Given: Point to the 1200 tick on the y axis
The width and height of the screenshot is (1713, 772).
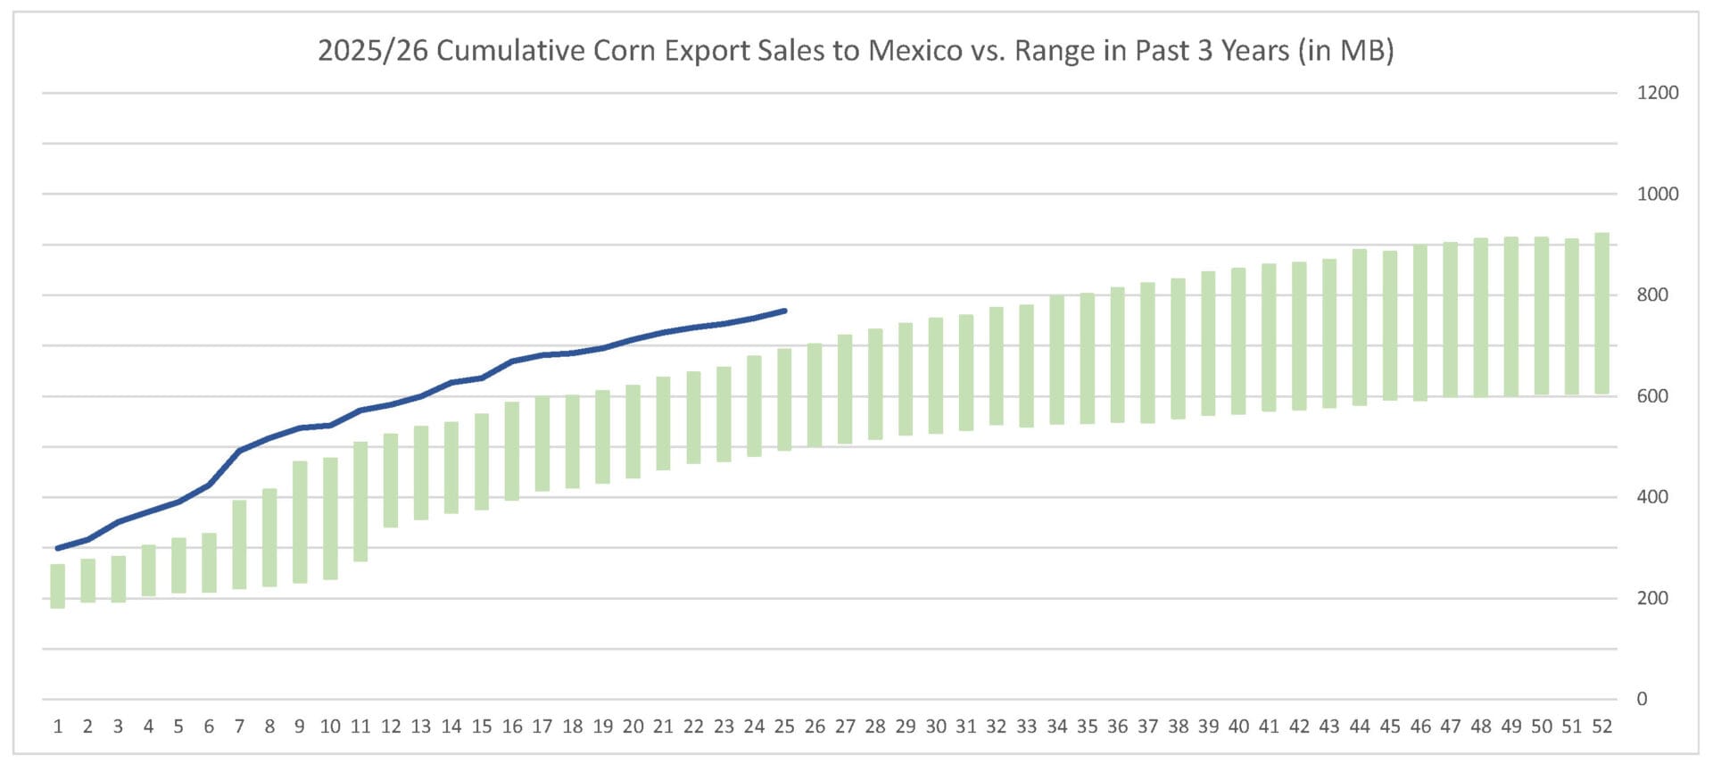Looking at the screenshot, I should tap(1657, 93).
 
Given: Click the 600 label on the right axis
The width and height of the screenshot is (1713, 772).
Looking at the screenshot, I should tap(1652, 396).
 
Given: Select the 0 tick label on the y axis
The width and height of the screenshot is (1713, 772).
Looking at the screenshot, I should tap(1642, 700).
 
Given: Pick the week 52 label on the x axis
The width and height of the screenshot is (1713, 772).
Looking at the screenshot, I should tap(1601, 726).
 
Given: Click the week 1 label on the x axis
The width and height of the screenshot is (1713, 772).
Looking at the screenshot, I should tap(58, 726).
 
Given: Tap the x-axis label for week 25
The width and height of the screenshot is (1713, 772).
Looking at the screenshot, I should tap(784, 726).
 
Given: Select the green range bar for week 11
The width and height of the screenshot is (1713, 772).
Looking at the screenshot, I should tap(360, 502).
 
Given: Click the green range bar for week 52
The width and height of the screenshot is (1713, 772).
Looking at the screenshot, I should tap(1601, 313).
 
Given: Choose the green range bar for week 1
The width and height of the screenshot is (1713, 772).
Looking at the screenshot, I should tap(58, 586).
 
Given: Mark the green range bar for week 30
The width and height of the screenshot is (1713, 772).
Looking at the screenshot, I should tap(936, 376).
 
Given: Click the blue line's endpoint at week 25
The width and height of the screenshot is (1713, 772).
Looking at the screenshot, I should tap(784, 311).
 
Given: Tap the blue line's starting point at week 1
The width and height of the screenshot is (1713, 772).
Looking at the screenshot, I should tap(58, 548).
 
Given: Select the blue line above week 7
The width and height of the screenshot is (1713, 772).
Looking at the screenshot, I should tap(239, 451).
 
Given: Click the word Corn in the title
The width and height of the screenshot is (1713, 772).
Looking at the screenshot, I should tap(624, 51).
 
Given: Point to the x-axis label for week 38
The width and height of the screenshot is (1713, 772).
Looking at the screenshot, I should tap(1178, 726).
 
